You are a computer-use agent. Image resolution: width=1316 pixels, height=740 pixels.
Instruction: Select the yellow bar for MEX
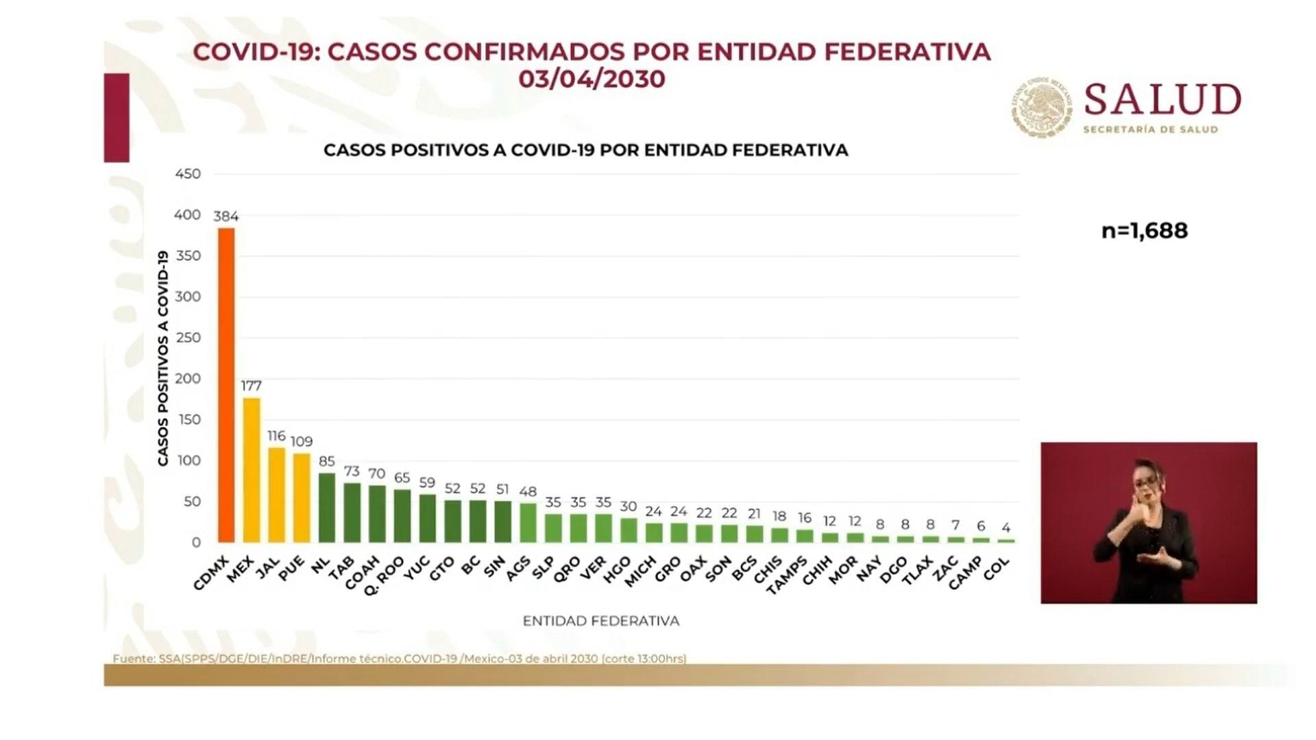[252, 469]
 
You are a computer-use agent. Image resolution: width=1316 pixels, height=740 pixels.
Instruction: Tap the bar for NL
[327, 507]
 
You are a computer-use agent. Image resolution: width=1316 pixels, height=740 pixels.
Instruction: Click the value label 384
[226, 217]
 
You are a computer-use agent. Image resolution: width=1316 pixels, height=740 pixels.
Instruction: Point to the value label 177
[252, 386]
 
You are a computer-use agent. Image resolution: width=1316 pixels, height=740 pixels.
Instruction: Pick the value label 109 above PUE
[302, 442]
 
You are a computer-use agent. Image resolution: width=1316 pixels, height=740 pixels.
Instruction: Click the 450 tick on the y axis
[188, 174]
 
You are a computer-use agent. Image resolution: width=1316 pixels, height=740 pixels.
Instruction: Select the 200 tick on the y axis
[188, 378]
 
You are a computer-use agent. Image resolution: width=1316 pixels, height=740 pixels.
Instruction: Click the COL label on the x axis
[996, 569]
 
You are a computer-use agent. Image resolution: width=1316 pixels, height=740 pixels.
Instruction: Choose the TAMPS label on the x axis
[787, 574]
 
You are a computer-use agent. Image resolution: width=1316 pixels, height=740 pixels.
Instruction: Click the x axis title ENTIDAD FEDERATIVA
[601, 621]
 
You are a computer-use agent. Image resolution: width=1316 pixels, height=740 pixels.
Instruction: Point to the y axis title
[163, 358]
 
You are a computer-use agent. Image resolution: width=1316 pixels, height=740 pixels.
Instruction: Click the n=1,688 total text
[1144, 231]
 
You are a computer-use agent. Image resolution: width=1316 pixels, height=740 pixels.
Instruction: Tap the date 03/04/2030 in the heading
[592, 79]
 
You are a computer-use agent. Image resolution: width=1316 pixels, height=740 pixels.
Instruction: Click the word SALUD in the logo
[1162, 100]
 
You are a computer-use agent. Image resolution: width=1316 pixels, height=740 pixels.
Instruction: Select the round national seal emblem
[1041, 108]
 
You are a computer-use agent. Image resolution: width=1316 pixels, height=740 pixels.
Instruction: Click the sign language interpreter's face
[1146, 482]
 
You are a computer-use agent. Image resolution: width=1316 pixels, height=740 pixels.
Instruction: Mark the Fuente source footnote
[400, 658]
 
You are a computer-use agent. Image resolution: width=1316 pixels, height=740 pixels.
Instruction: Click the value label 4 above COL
[1006, 528]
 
